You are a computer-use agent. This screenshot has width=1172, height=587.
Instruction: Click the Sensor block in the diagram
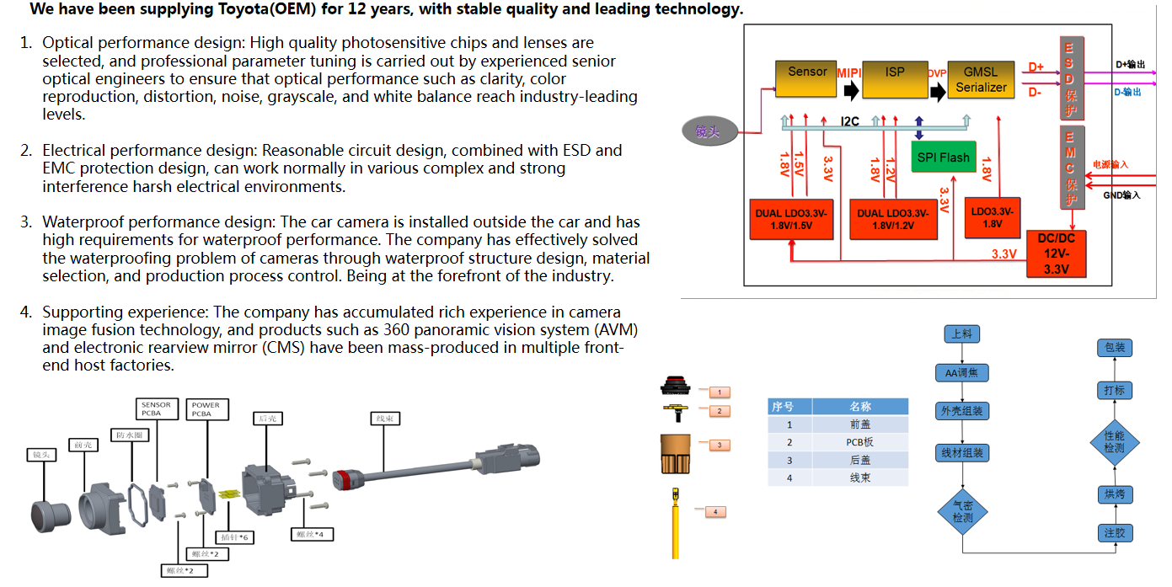[x=806, y=77]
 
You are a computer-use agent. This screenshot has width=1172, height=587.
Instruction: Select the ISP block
[x=894, y=77]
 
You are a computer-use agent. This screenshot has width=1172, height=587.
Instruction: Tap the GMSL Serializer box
[x=982, y=78]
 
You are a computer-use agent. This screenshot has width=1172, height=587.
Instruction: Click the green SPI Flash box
[x=944, y=157]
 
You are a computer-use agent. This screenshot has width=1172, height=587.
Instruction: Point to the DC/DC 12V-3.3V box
[x=1056, y=253]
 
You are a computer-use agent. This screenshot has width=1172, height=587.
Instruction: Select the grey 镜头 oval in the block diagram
[x=709, y=131]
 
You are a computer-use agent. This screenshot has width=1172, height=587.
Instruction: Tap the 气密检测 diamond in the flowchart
[x=962, y=512]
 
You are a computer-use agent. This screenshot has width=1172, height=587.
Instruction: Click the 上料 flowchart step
[x=961, y=334]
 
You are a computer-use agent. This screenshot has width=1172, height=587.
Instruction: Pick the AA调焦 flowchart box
[x=961, y=373]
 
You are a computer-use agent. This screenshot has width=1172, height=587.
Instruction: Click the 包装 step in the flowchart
[x=1114, y=348]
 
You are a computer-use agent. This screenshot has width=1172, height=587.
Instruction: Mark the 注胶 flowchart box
[x=1114, y=532]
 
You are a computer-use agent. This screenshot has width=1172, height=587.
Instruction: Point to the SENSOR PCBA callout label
[x=156, y=409]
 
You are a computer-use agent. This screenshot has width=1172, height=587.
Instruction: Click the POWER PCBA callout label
[x=206, y=409]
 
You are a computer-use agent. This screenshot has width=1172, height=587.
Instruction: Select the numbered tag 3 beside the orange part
[x=719, y=444]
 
